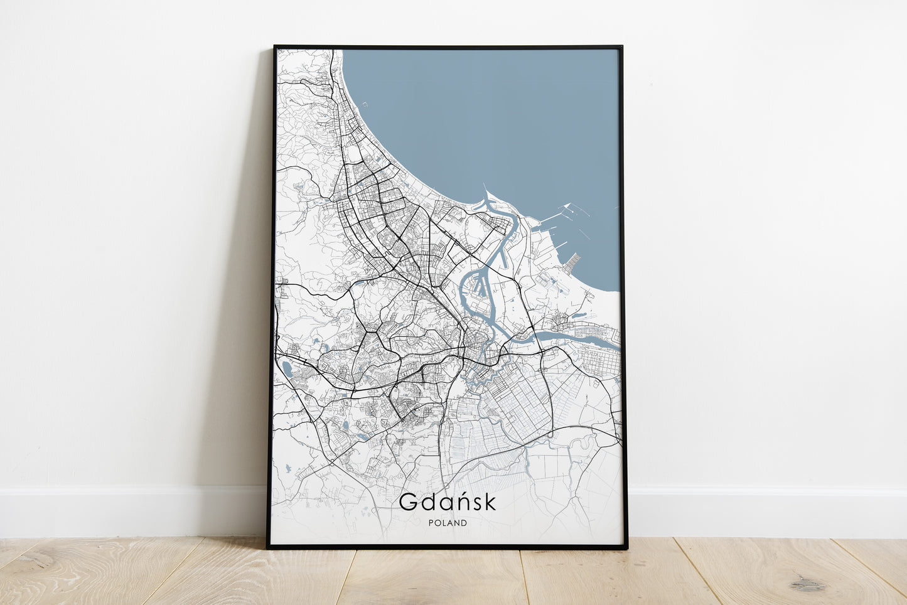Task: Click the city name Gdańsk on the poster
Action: tap(447, 501)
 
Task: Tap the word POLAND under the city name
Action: tap(448, 523)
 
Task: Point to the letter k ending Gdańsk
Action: tap(490, 501)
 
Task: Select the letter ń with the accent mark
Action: tap(460, 501)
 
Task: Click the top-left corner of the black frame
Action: tap(275, 46)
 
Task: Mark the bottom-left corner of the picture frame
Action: tap(268, 548)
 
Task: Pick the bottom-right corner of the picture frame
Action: tap(626, 548)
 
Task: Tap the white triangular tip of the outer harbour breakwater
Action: tap(567, 205)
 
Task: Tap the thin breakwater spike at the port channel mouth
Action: tap(485, 188)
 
